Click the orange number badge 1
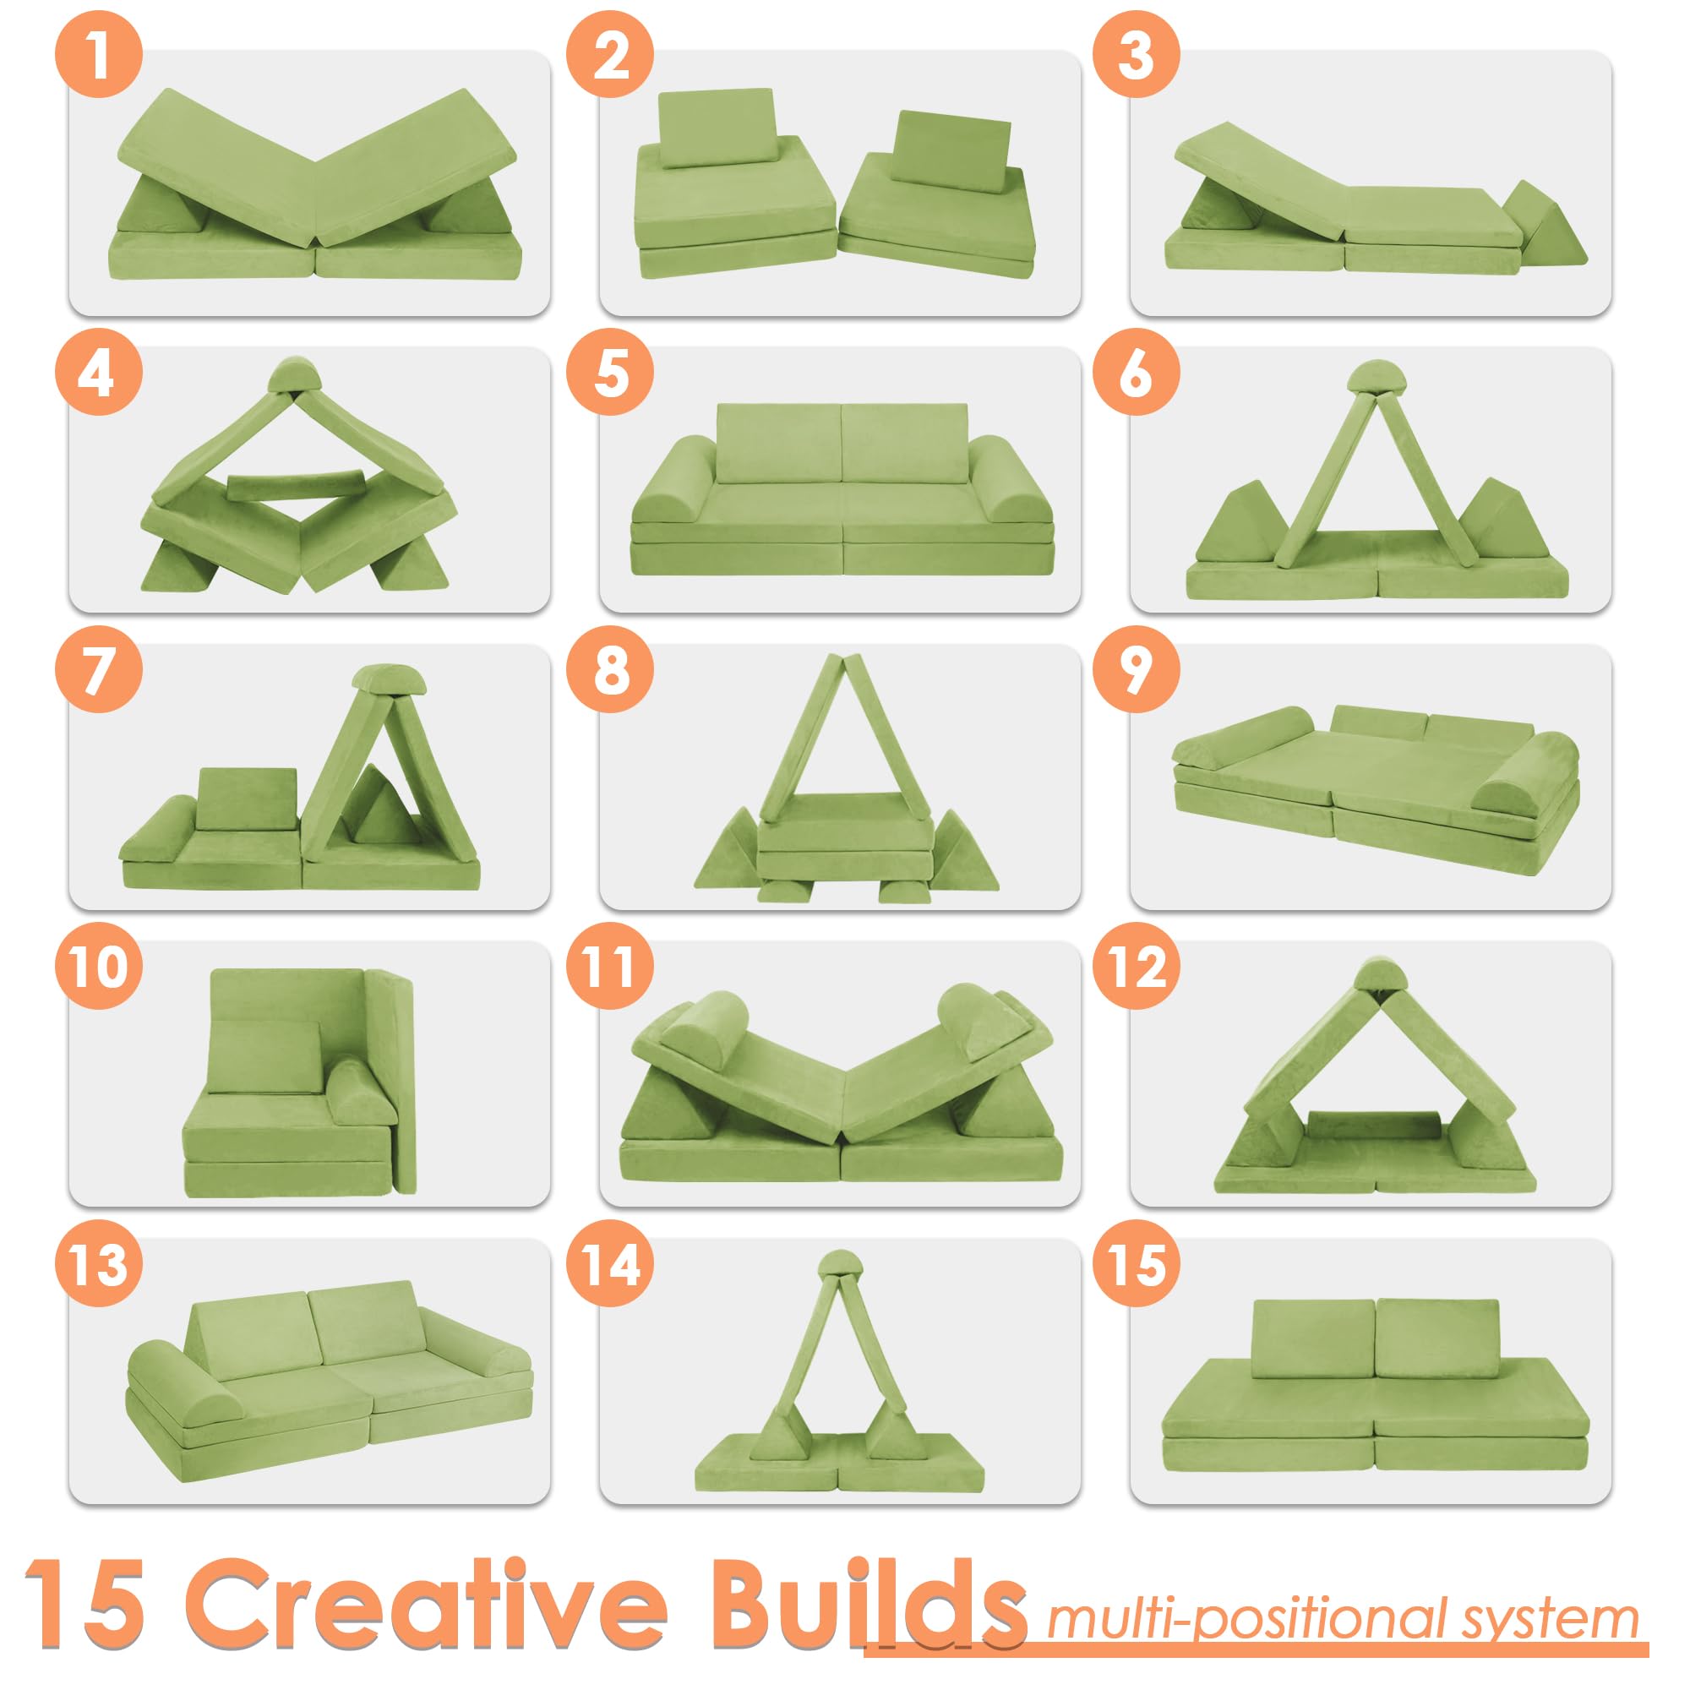(x=98, y=54)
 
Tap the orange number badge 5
(x=610, y=372)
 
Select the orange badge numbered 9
(x=1136, y=669)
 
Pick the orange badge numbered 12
(x=1136, y=967)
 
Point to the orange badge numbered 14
(x=610, y=1264)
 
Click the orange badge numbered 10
(x=98, y=967)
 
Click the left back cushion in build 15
(x=1312, y=1339)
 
